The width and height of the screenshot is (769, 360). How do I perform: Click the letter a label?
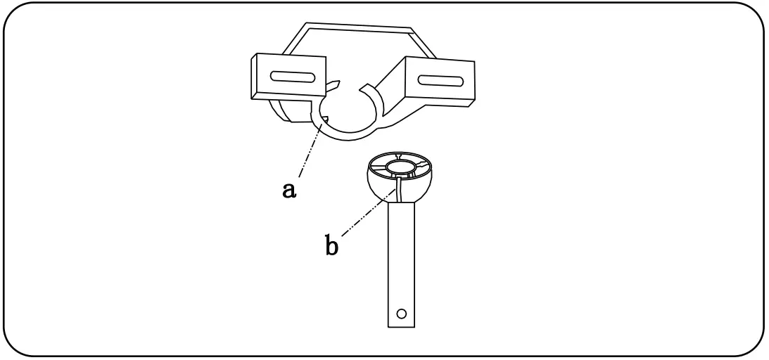point(288,190)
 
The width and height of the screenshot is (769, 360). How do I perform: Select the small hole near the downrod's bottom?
point(401,312)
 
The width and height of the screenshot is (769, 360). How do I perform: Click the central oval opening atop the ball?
point(400,169)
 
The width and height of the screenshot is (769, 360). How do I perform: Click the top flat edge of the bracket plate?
point(357,27)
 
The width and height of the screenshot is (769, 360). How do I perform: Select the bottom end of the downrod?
point(401,326)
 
